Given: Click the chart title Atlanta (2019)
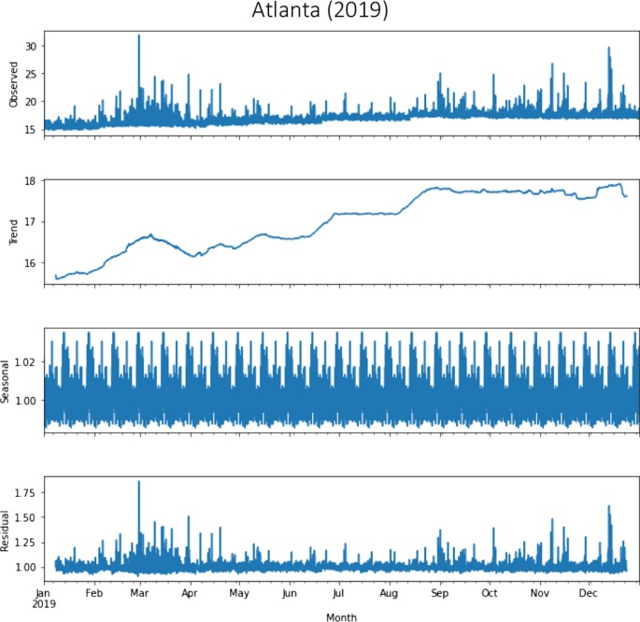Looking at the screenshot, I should pyautogui.click(x=320, y=12).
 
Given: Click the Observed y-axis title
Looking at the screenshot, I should pyautogui.click(x=13, y=83).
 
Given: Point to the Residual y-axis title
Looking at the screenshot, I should pyautogui.click(x=7, y=529).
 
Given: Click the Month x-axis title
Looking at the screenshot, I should pyautogui.click(x=341, y=617).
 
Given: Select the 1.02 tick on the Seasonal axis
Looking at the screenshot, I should pyautogui.click(x=23, y=361).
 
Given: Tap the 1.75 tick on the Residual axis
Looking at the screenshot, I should pyautogui.click(x=23, y=492).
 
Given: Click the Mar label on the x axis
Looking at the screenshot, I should pyautogui.click(x=139, y=592).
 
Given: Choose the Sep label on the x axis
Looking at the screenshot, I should pyautogui.click(x=438, y=592).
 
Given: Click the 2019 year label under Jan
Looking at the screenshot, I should pyautogui.click(x=43, y=603).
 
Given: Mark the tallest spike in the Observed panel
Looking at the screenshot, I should pyautogui.click(x=139, y=36).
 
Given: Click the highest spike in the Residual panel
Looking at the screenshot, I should pyautogui.click(x=139, y=483).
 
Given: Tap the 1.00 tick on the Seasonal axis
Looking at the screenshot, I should pyautogui.click(x=23, y=400).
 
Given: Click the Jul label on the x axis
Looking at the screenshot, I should pyautogui.click(x=338, y=592).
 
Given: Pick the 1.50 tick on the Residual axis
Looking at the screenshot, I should pyautogui.click(x=23, y=517).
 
